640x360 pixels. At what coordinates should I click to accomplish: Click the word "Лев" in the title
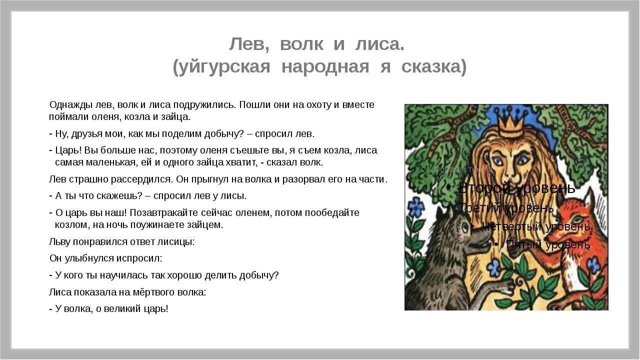point(249,44)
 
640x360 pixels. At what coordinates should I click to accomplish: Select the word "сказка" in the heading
point(434,66)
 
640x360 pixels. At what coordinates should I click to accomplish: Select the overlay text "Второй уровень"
point(516,188)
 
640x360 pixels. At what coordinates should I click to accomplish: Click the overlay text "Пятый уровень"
point(548,244)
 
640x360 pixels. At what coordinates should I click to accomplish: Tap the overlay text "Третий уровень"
point(506,207)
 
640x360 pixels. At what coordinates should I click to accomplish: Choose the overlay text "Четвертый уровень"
point(536,226)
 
